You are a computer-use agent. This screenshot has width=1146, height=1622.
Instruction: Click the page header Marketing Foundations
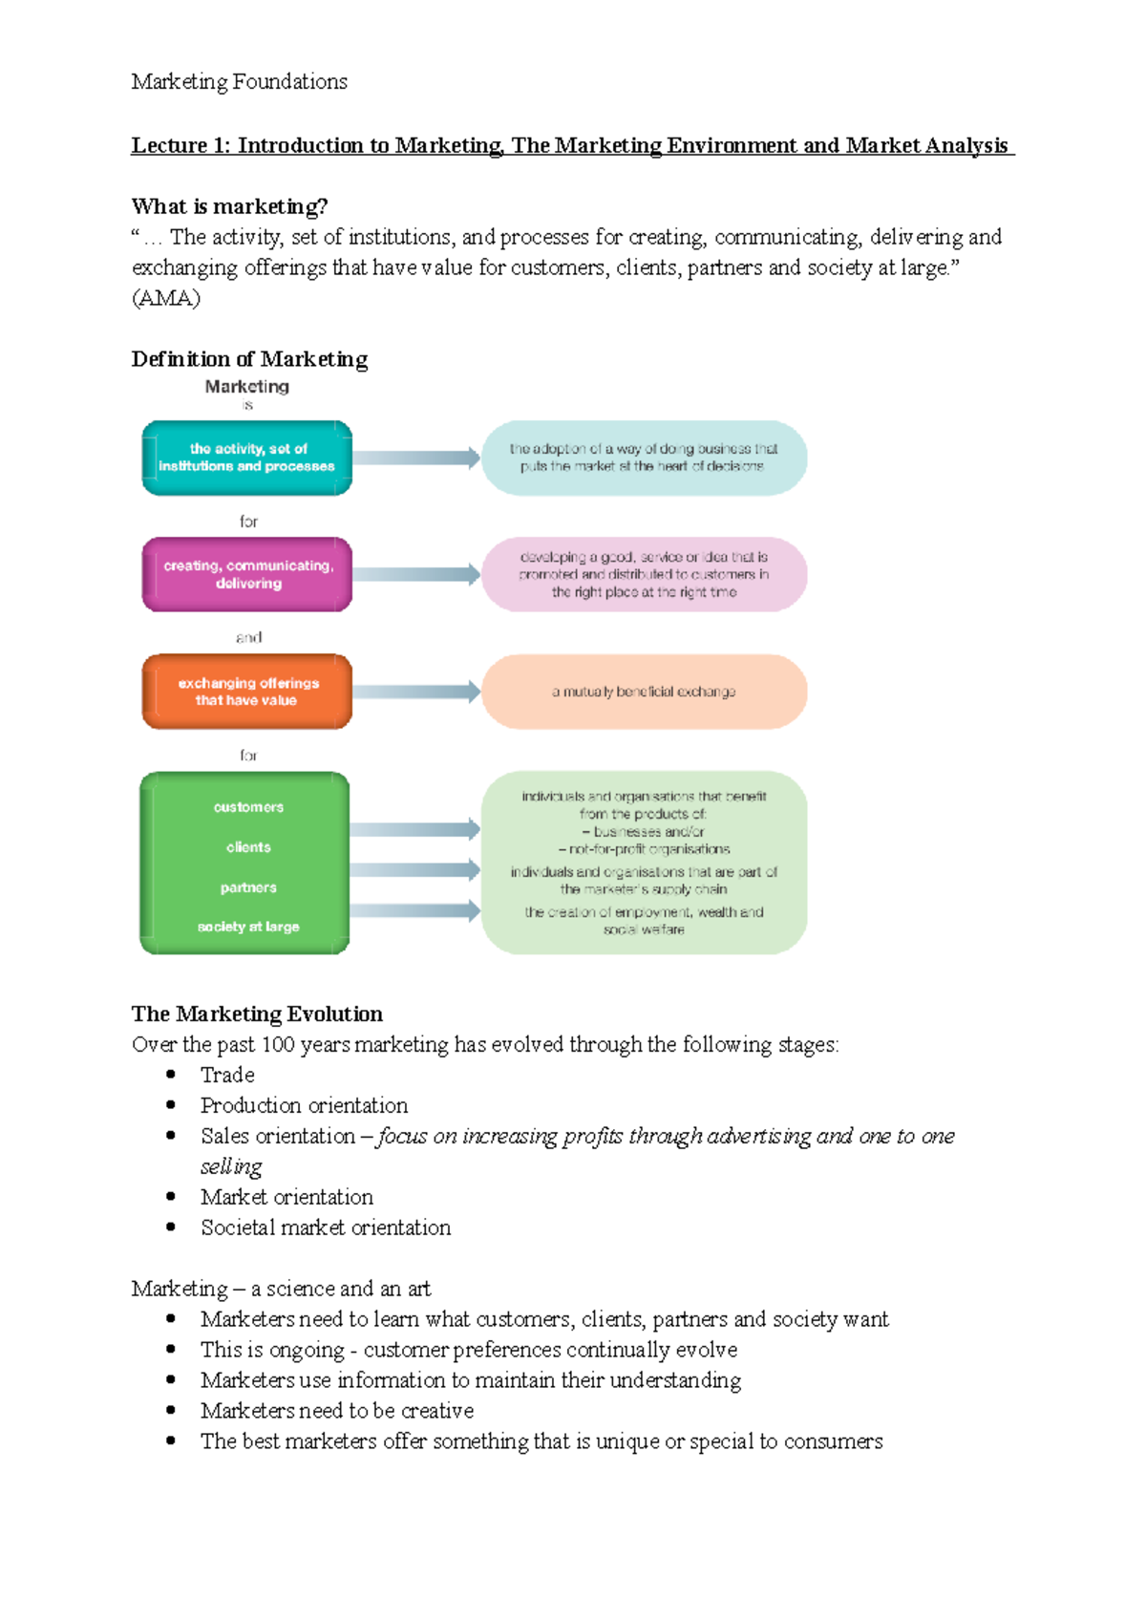point(239,82)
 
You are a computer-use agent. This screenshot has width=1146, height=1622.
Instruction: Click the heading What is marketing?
point(229,206)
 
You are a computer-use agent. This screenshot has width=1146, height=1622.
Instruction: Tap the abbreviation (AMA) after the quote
point(165,298)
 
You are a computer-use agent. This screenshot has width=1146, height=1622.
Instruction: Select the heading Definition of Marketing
point(249,359)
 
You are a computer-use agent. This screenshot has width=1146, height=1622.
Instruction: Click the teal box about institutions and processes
point(247,458)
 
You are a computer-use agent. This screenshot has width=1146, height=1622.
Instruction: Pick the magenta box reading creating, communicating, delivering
point(247,574)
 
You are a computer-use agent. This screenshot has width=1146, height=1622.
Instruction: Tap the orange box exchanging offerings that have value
point(247,692)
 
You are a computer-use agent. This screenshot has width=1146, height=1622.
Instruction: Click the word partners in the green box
point(248,887)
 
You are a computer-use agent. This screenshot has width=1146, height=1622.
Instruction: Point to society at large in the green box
point(248,927)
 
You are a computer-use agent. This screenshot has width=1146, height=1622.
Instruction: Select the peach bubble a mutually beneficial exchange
point(644,692)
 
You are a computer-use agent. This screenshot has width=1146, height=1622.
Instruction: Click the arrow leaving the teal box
point(416,458)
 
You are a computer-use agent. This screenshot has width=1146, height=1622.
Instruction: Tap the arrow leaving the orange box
point(416,692)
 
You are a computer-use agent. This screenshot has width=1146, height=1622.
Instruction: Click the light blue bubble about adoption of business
point(644,458)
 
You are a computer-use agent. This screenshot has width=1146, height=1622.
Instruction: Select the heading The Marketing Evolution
point(257,1014)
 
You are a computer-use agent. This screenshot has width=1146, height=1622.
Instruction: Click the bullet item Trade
point(227,1075)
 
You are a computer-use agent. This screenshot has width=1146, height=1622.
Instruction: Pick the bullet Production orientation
point(304,1105)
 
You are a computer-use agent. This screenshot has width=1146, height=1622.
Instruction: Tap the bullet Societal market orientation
point(326,1227)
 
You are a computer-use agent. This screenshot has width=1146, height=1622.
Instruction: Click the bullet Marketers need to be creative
point(337,1411)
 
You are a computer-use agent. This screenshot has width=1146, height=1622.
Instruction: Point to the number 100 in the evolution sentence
point(278,1044)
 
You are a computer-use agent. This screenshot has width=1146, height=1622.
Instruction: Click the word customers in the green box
point(248,807)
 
